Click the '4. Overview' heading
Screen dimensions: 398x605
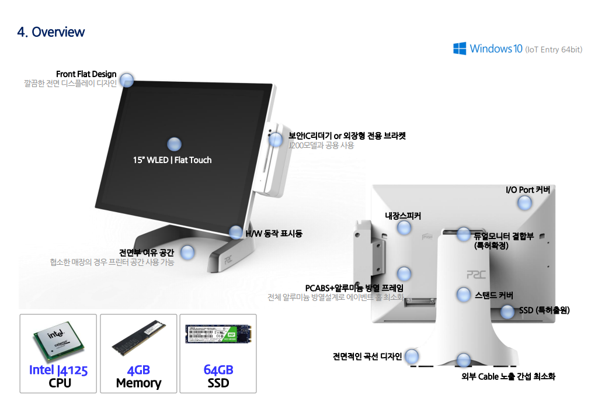pyautogui.click(x=51, y=32)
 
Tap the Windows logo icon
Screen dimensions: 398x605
pyautogui.click(x=460, y=49)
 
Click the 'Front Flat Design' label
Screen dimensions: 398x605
pyautogui.click(x=86, y=74)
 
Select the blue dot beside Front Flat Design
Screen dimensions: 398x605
pyautogui.click(x=127, y=80)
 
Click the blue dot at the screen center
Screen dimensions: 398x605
pyautogui.click(x=174, y=144)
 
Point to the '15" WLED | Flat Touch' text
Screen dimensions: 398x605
pyautogui.click(x=172, y=160)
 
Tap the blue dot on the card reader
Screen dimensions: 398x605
pyautogui.click(x=275, y=139)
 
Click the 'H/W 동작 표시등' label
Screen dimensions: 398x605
pyautogui.click(x=274, y=234)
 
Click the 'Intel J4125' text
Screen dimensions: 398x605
pyautogui.click(x=58, y=370)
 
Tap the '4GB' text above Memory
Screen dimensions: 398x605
pyautogui.click(x=138, y=370)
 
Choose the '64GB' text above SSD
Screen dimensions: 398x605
pyautogui.click(x=218, y=370)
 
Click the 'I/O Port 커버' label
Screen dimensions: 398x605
pyautogui.click(x=527, y=191)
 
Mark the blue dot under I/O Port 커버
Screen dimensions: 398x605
pyautogui.click(x=524, y=203)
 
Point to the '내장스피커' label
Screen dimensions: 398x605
pyautogui.click(x=402, y=216)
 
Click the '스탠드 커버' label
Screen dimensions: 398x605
pyautogui.click(x=493, y=296)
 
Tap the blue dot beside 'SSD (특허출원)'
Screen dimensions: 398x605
pyautogui.click(x=508, y=311)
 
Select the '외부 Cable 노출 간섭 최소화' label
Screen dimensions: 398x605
pyautogui.click(x=508, y=376)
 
